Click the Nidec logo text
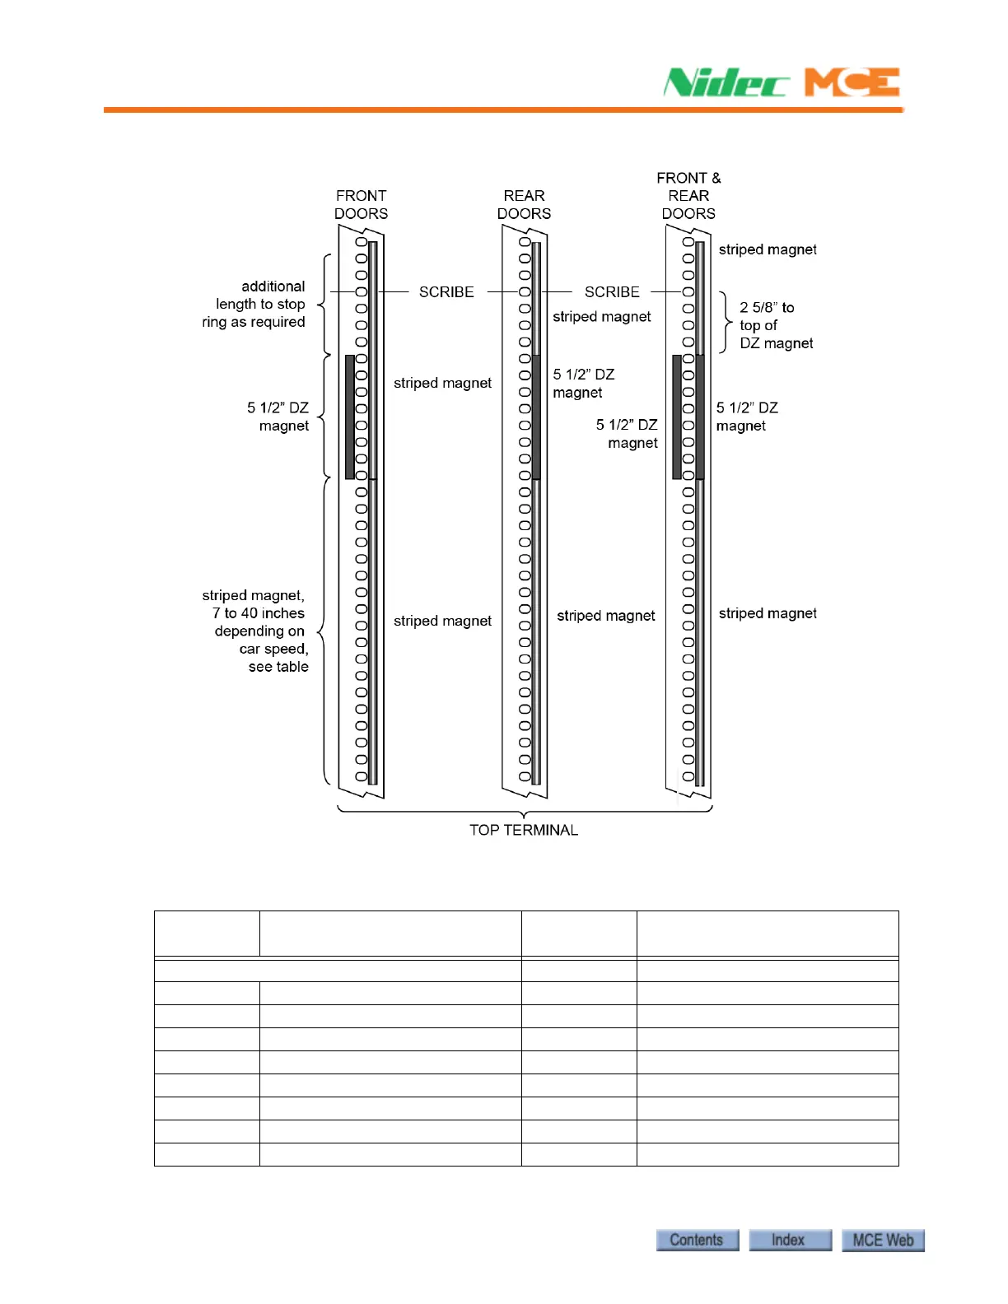click(x=726, y=82)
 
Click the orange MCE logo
click(x=852, y=82)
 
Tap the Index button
click(x=789, y=1240)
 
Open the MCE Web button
click(x=882, y=1240)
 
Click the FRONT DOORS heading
click(x=361, y=204)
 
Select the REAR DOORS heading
click(x=524, y=204)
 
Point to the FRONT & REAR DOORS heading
click(x=688, y=196)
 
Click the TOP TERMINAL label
click(x=524, y=830)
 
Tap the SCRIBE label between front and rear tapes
click(x=446, y=292)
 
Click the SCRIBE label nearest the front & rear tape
click(x=612, y=292)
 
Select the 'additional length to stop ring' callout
click(x=254, y=304)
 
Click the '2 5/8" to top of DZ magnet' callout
click(x=774, y=325)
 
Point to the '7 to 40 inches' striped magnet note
click(x=257, y=631)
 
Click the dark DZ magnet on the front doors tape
click(x=350, y=417)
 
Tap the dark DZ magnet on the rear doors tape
click(x=536, y=417)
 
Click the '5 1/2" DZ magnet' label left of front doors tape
click(x=278, y=417)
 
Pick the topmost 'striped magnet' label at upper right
click(x=768, y=249)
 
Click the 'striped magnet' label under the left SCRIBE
click(x=442, y=383)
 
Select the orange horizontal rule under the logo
click(x=503, y=109)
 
